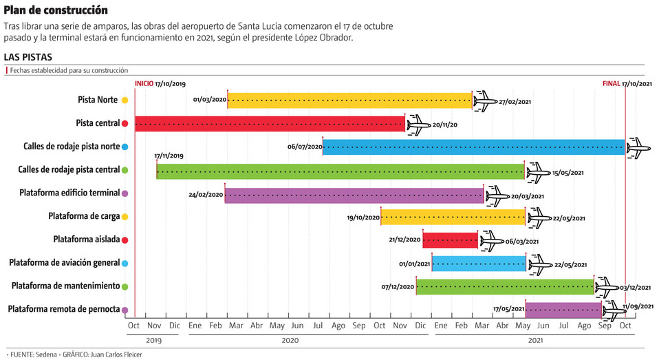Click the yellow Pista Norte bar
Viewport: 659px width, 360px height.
tap(349, 100)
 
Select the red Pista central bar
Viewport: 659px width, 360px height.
tap(270, 124)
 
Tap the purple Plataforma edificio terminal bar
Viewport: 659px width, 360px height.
tap(354, 195)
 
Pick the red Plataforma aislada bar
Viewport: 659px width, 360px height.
tap(450, 240)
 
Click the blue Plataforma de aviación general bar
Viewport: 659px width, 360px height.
tap(478, 264)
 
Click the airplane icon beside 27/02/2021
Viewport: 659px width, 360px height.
tap(485, 101)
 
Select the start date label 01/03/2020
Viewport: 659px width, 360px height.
tap(210, 100)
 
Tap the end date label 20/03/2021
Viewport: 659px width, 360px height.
tap(527, 196)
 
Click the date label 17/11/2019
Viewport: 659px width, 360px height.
tap(169, 156)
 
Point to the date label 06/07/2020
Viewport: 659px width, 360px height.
tap(305, 147)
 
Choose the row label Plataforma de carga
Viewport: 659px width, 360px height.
tap(84, 216)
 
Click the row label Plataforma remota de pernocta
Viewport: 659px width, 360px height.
tap(64, 309)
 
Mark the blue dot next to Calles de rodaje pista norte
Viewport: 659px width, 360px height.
tap(125, 147)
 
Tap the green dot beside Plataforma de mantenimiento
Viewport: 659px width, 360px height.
tap(125, 286)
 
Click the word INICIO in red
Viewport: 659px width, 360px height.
tap(144, 83)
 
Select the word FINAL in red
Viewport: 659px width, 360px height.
tap(611, 83)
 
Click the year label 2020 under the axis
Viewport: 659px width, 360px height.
tap(290, 340)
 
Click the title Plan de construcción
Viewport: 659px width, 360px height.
tap(56, 10)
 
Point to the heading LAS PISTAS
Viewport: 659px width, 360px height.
tap(28, 56)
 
